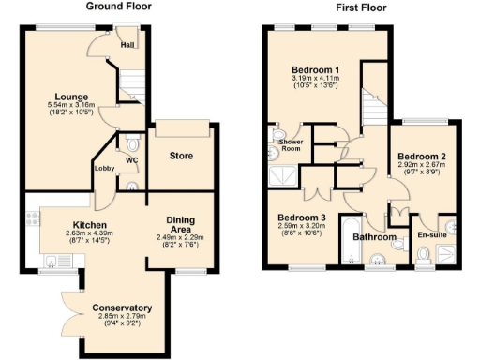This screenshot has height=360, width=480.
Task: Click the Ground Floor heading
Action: [x=119, y=7]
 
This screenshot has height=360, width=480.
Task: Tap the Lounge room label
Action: [x=73, y=96]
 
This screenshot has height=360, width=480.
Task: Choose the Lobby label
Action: [x=103, y=169]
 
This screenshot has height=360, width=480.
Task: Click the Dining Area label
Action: [x=180, y=225]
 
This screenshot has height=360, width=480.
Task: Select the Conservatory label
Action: [x=122, y=309]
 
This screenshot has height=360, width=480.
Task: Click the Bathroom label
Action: [x=374, y=238]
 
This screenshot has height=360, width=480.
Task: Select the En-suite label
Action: [x=431, y=234]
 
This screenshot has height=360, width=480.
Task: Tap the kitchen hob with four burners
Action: [x=32, y=221]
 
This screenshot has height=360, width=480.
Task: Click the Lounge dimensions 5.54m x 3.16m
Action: [x=73, y=105]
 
